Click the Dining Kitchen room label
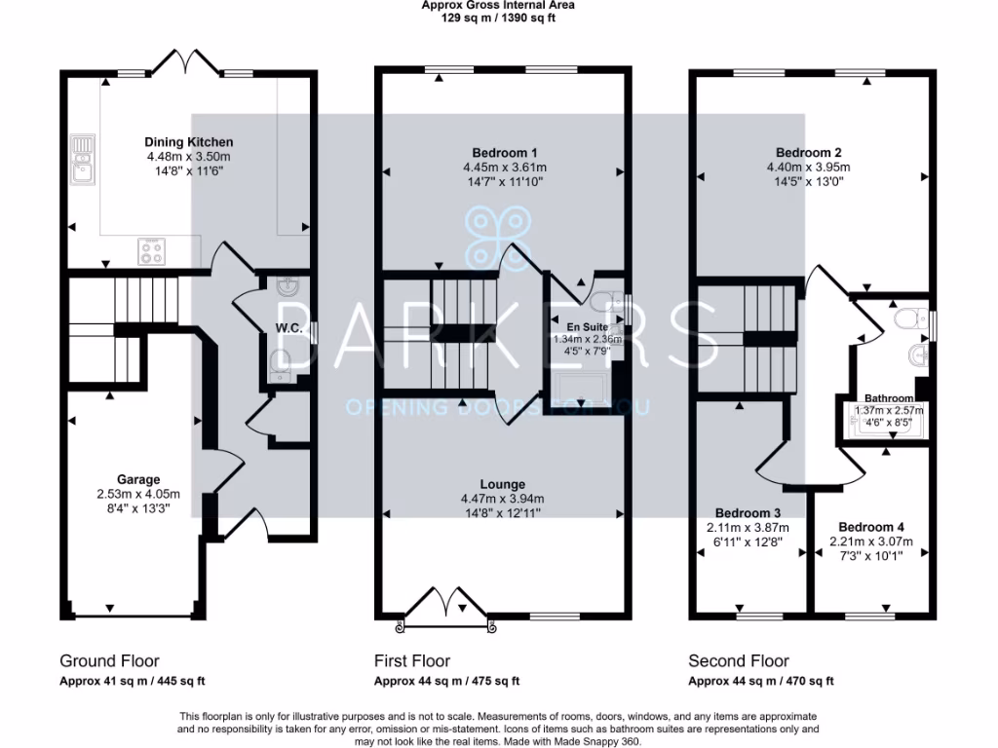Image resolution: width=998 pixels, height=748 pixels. pos(189,141)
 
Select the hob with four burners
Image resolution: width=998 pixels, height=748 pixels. pos(153,251)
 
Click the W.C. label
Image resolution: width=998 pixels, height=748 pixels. pos(289,329)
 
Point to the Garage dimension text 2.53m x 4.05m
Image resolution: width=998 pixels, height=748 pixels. pos(138,493)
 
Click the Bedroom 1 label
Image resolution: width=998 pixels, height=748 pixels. pos(504,152)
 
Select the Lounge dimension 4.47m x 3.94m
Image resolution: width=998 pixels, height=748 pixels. pos(503,498)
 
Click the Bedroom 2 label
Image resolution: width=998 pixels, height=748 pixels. pos(808,152)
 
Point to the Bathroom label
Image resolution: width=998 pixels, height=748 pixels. pos(889,398)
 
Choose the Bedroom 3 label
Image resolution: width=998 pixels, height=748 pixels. pos(748,513)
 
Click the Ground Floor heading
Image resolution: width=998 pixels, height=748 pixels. pos(109,661)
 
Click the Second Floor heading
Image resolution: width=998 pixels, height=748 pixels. pos(739,661)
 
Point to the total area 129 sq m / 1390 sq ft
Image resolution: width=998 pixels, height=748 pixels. pos(497,18)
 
